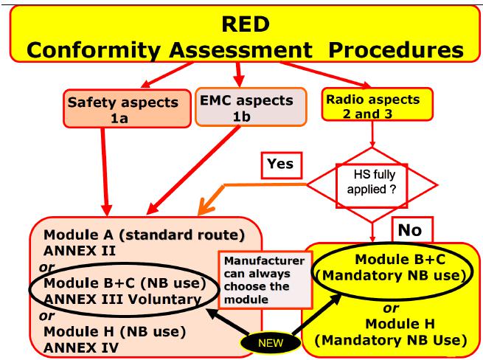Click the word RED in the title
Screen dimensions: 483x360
[246, 24]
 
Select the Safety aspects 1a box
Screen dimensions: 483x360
[128, 108]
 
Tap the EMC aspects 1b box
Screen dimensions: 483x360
[251, 107]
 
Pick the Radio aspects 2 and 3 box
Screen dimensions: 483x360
[378, 104]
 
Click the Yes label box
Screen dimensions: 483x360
[282, 165]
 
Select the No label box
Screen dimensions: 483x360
[412, 229]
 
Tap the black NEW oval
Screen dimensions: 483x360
[271, 343]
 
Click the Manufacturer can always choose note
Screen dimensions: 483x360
[265, 280]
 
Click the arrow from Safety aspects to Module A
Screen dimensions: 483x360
[105, 172]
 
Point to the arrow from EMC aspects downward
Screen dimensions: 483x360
[193, 170]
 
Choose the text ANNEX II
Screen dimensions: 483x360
[80, 251]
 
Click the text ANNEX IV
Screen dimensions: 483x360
[80, 348]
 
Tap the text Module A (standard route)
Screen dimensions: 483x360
[144, 235]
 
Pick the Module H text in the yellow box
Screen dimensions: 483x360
[400, 324]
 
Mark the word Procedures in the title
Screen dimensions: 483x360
[396, 49]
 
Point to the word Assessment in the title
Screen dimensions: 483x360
[241, 49]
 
